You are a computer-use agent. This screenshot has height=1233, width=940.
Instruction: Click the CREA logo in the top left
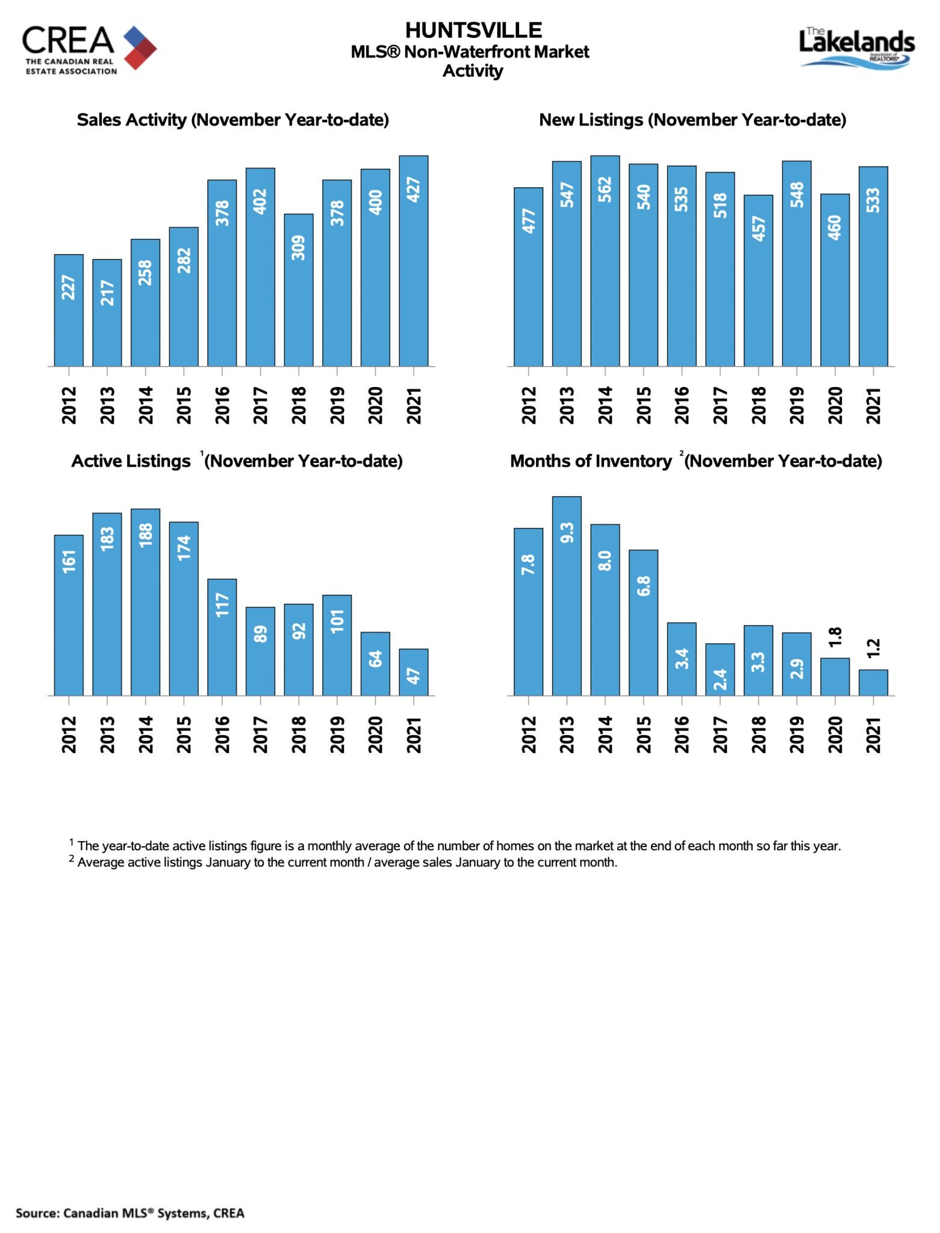(x=89, y=50)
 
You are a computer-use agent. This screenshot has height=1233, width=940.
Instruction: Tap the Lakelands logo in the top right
(x=857, y=48)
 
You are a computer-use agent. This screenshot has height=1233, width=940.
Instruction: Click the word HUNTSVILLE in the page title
(x=473, y=30)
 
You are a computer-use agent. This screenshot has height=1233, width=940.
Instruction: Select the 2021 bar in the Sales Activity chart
(x=414, y=261)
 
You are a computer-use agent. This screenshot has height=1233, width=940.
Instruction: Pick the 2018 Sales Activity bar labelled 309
(x=299, y=290)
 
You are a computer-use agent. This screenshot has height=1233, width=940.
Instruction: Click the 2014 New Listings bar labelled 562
(x=605, y=261)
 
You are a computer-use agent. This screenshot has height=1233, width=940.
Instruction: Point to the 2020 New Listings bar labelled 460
(x=835, y=280)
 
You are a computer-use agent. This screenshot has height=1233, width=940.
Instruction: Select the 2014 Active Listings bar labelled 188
(x=146, y=602)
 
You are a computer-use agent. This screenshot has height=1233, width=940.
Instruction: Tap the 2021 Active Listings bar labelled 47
(x=414, y=672)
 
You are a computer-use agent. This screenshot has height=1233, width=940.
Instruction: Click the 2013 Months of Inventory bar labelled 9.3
(x=567, y=596)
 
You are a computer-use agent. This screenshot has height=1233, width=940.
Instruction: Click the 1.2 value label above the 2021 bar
(x=874, y=649)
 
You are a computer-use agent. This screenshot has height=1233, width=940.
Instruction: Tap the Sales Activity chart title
(x=233, y=120)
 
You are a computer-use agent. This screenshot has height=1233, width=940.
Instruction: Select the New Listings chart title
(x=693, y=120)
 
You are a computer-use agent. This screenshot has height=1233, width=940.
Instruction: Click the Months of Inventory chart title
(x=696, y=461)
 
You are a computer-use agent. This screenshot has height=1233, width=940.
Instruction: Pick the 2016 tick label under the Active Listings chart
(x=222, y=735)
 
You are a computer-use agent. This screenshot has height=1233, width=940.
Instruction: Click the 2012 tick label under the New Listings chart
(x=529, y=405)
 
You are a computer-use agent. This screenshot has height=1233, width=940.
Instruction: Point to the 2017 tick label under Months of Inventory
(x=720, y=735)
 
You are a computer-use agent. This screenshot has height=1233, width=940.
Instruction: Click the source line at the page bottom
(x=130, y=1213)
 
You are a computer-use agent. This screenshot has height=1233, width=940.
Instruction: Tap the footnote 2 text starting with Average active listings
(x=343, y=862)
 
